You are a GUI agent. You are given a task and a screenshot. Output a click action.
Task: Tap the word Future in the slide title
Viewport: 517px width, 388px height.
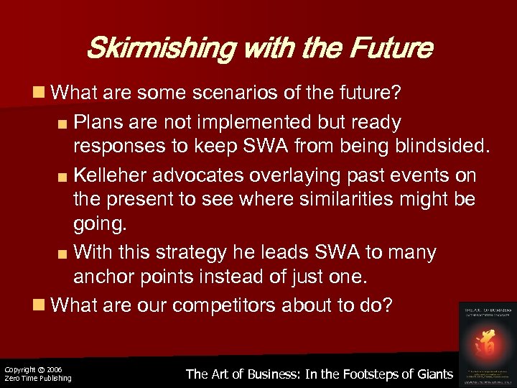(x=392, y=49)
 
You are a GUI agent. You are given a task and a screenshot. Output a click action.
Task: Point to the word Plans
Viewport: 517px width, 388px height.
(x=98, y=122)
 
